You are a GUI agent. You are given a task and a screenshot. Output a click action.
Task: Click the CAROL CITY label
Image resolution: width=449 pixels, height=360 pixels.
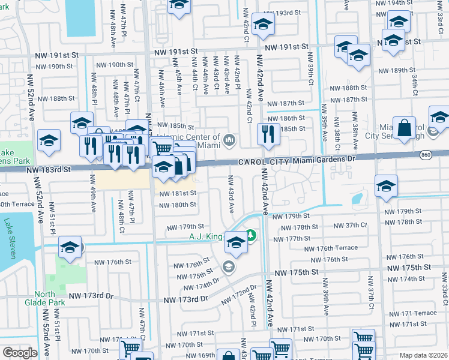coord(261,161)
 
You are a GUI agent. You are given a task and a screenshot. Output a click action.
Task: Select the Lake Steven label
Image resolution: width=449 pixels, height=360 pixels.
coord(8,238)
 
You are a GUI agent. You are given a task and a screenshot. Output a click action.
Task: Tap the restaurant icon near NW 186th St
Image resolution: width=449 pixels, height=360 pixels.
coord(267,134)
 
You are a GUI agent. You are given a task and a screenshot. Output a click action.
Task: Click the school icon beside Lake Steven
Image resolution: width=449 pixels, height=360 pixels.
coord(70,246)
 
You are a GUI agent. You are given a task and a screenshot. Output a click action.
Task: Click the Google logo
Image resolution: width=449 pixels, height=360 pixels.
coord(20,353)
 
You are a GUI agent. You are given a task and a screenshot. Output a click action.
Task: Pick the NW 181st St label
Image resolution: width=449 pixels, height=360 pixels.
coord(177,193)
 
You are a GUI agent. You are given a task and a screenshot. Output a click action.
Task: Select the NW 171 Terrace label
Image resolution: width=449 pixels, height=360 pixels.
coord(416,313)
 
